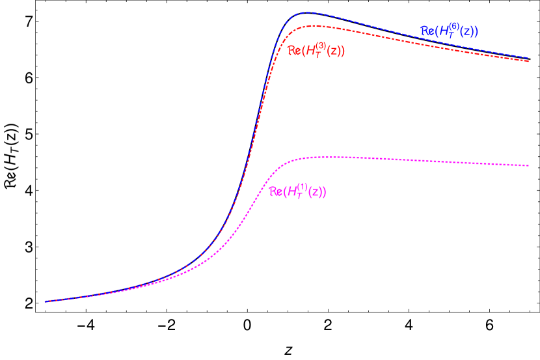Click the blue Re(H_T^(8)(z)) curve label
coord(450,31)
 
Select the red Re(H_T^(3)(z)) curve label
coord(316,50)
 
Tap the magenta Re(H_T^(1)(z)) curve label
coord(297,191)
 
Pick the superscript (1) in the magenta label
coord(303,187)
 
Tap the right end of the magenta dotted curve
coord(529,165)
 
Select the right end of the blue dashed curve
coord(529,57)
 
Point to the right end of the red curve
coord(529,61)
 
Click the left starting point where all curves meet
coord(45,301)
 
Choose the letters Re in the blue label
coord(427,31)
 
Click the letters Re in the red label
coord(294,51)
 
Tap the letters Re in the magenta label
coord(275,192)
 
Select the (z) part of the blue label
coord(468,31)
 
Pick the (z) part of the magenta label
coord(316,192)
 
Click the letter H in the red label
coord(312,51)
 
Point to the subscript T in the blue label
coord(452,35)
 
